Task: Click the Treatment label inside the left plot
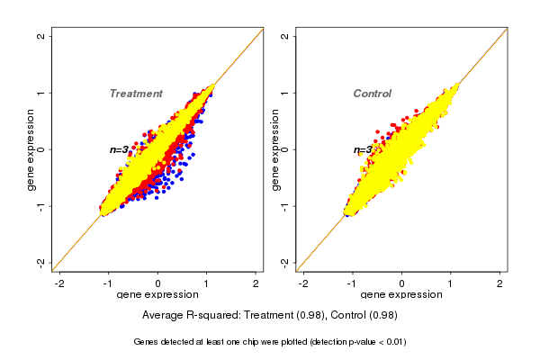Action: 136,94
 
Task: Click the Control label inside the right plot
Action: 372,94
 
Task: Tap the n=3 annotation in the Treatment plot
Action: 119,149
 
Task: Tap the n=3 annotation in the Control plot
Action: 362,149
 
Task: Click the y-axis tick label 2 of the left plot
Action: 41,37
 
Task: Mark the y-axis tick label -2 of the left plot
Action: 41,262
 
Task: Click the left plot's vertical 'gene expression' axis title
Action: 31,149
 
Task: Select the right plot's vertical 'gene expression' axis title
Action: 275,149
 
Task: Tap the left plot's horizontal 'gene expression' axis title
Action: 157,295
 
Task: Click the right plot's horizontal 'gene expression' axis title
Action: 401,295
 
